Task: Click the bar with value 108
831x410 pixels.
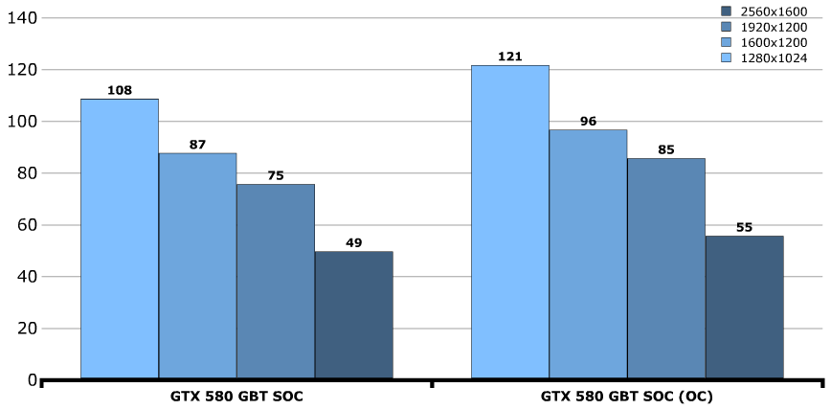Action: (120, 239)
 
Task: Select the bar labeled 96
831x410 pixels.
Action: (588, 254)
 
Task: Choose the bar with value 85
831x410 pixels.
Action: (666, 268)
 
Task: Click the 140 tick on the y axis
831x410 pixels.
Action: (19, 18)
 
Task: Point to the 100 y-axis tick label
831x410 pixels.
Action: (19, 122)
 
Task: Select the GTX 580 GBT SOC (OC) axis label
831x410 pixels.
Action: (626, 397)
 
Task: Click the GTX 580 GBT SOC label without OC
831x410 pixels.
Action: (236, 397)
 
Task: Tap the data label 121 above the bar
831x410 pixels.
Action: (510, 57)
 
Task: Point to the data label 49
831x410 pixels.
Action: (353, 242)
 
